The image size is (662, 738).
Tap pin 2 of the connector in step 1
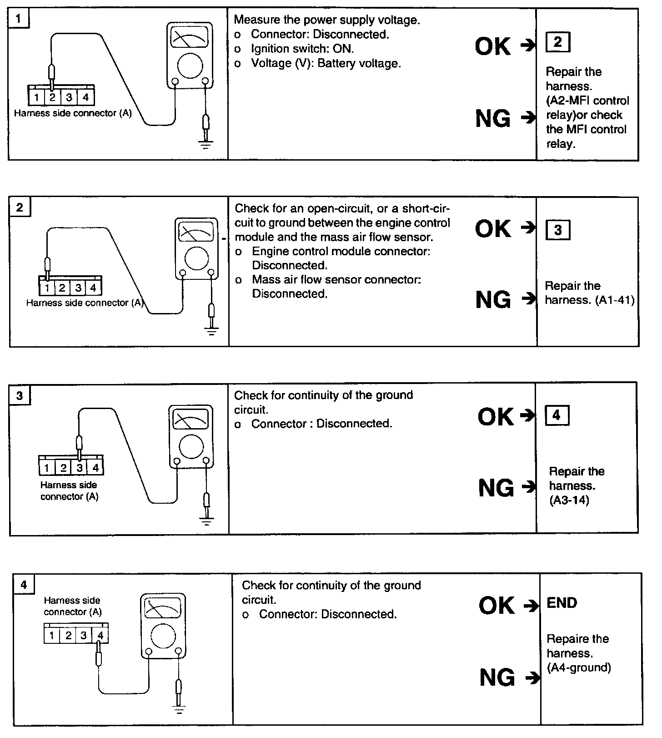coord(52,97)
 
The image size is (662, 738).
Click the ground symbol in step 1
coord(206,146)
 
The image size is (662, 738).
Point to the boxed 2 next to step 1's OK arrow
coord(557,42)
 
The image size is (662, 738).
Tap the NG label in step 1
coord(493,119)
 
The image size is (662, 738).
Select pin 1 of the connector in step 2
coord(47,288)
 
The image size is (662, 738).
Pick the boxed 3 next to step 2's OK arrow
coord(557,230)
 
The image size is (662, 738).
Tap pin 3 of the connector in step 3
coord(80,468)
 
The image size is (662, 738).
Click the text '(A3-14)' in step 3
coord(569,500)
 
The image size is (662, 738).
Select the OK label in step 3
coord(496,416)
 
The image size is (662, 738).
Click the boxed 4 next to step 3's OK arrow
coord(557,415)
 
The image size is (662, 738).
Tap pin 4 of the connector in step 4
coord(100,635)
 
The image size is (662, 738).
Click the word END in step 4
coord(562,603)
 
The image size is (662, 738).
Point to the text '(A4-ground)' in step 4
coord(579,667)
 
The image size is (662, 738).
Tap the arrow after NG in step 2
coord(528,299)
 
